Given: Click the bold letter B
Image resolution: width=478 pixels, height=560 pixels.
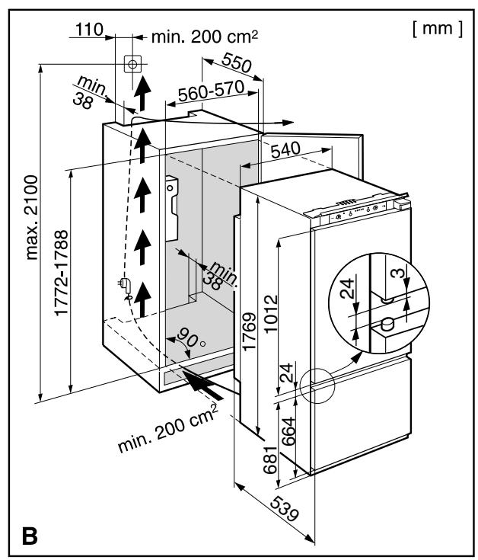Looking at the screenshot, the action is [30, 535].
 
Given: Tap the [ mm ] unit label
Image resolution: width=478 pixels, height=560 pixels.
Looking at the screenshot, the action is [438, 29].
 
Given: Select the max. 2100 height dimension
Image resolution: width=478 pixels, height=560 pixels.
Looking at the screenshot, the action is [32, 217].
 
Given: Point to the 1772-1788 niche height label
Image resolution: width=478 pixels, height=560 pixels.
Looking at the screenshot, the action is [62, 273].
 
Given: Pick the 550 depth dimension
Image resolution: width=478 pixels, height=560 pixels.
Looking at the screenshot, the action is [237, 62].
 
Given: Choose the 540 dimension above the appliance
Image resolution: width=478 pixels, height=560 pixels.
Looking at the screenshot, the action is [285, 150].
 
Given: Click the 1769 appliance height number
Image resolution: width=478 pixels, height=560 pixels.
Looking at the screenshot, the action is [250, 331].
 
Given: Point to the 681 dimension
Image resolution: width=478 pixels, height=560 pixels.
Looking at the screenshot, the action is [270, 460].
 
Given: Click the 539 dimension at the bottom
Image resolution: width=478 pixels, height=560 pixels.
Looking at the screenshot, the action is [284, 509].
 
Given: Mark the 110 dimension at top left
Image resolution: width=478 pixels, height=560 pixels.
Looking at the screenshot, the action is [89, 29].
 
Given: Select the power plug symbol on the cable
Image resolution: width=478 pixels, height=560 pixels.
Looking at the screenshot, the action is [125, 286].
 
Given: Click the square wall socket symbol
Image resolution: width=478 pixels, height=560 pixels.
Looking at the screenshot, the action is [132, 64].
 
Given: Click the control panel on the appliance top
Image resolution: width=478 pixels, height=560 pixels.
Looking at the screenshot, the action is [358, 212].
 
